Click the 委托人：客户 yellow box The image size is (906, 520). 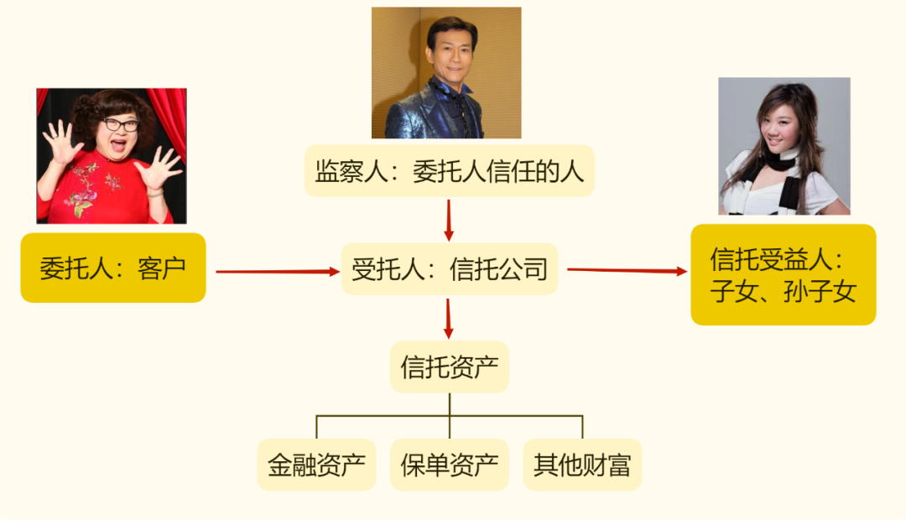point(112,268)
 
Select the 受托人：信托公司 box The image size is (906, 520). point(449,269)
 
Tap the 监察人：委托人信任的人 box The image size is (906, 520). point(449,172)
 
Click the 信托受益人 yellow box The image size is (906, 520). point(783,274)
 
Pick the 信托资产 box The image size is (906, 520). point(449,367)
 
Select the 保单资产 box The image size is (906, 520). point(449,465)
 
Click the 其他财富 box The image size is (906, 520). point(582,465)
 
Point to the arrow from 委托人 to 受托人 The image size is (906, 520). point(273,272)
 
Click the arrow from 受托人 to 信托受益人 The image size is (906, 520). point(626,270)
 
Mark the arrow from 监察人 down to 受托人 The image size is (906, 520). point(449,220)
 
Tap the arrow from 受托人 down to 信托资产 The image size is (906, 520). point(449,318)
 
